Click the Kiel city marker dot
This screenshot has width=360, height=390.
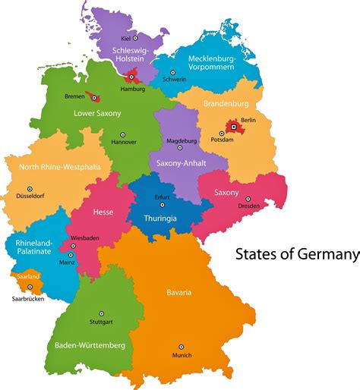point(135,37)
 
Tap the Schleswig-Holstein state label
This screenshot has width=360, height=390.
point(135,53)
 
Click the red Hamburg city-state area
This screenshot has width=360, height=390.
point(132,77)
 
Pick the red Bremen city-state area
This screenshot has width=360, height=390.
point(94,96)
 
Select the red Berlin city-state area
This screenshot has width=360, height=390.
point(233,128)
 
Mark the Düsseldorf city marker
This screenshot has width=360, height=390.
point(30,189)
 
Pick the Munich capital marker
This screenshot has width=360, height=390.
point(182,347)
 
